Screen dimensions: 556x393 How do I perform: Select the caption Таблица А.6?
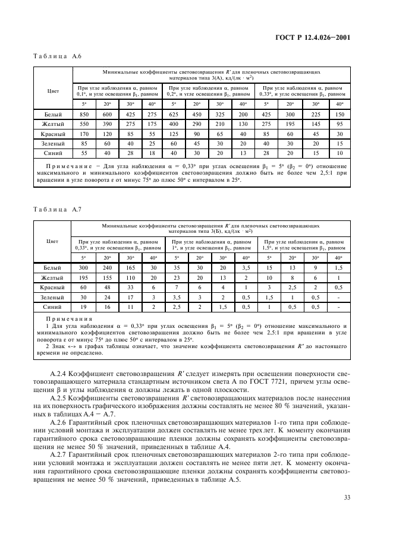click(x=55, y=56)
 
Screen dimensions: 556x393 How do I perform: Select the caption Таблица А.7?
click(x=55, y=210)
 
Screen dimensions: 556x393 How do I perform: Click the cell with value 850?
click(x=84, y=114)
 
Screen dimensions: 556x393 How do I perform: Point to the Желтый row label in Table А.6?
click(x=52, y=124)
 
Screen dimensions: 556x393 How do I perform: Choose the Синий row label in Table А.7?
click(x=52, y=307)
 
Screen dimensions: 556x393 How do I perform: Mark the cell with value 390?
click(x=107, y=124)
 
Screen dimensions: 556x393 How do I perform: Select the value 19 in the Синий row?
click(x=84, y=307)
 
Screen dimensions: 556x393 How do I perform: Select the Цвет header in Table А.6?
click(x=52, y=90)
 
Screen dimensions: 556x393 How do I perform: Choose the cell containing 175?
click(x=153, y=124)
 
